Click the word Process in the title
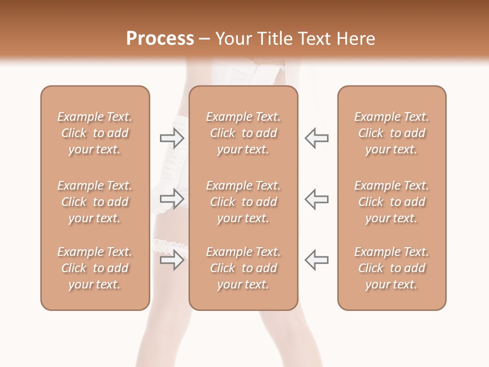160,39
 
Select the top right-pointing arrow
172,138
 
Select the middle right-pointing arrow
172,198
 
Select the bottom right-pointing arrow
172,260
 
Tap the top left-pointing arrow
316,138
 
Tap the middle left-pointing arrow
316,198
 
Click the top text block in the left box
95,133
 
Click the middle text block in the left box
95,202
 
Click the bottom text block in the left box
95,268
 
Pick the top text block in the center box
243,133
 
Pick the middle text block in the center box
243,202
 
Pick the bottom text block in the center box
243,268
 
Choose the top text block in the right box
392,133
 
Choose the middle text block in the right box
392,202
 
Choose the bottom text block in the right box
392,268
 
